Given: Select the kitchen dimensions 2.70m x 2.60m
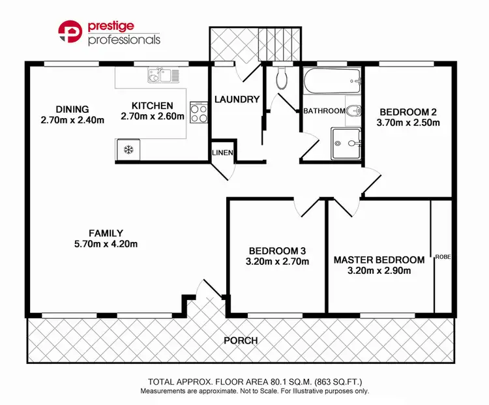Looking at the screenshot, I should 153,117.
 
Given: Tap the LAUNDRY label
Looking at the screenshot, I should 237,100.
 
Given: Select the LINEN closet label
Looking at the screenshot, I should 219,153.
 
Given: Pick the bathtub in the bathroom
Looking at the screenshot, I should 332,83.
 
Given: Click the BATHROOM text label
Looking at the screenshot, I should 324,111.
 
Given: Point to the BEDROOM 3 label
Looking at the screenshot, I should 278,250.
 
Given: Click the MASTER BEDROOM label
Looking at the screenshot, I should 379,260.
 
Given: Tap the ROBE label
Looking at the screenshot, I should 443,256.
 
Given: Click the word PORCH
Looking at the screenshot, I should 240,340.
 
